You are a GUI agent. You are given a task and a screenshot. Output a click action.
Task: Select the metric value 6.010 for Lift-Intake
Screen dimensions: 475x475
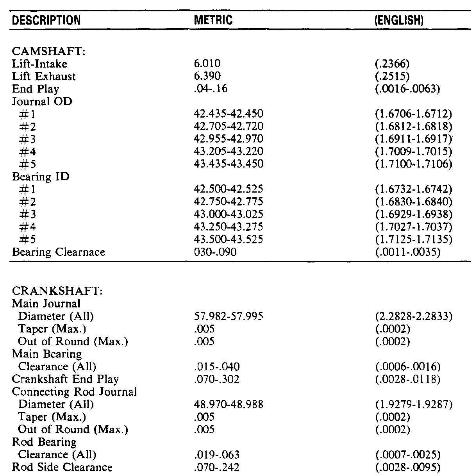coord(207,64)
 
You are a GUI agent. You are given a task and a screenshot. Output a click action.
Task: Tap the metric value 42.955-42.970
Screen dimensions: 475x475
coord(229,139)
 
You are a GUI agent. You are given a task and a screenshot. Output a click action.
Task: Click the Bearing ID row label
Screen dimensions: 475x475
coord(41,177)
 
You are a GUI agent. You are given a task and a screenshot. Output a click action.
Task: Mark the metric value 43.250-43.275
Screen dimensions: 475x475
coord(229,227)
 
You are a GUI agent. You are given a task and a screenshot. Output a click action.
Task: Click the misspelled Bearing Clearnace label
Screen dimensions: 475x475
coord(59,252)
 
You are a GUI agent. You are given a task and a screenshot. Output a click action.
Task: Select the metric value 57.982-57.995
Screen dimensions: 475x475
coord(229,316)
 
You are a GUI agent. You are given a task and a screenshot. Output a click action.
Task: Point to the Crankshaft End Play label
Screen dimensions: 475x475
coord(65,379)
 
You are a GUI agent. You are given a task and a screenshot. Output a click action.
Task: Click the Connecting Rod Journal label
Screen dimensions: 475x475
coord(74,391)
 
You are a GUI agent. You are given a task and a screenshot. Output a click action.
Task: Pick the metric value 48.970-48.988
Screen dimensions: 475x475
coord(229,404)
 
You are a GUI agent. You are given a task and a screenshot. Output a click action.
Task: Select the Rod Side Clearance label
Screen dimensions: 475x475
coord(62,467)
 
